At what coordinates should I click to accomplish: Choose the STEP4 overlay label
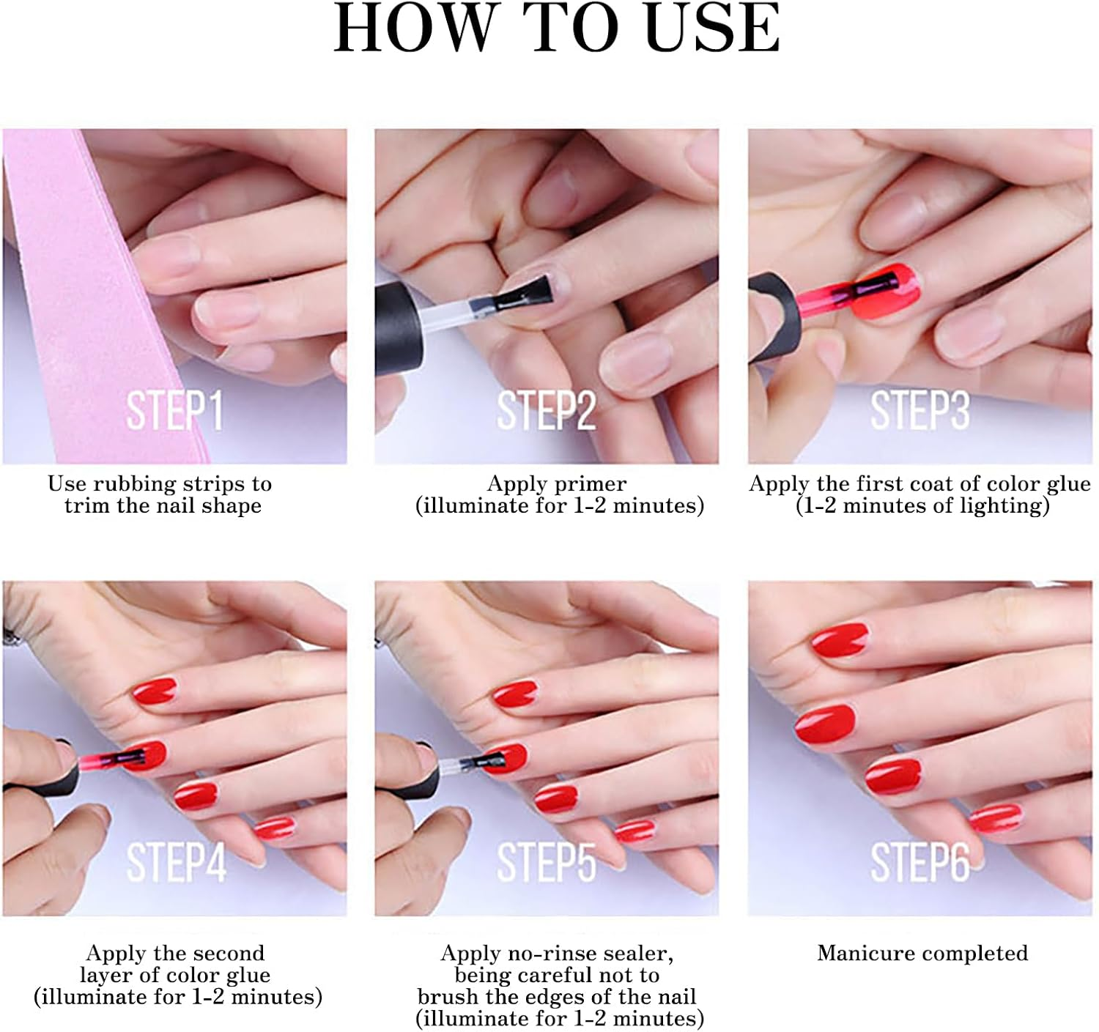pyautogui.click(x=176, y=862)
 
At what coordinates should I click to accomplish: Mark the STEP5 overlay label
pyautogui.click(x=546, y=862)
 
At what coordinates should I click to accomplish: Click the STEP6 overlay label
pyautogui.click(x=919, y=862)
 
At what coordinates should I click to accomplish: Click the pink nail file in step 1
pyautogui.click(x=81, y=293)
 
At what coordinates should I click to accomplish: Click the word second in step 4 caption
pyautogui.click(x=229, y=954)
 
